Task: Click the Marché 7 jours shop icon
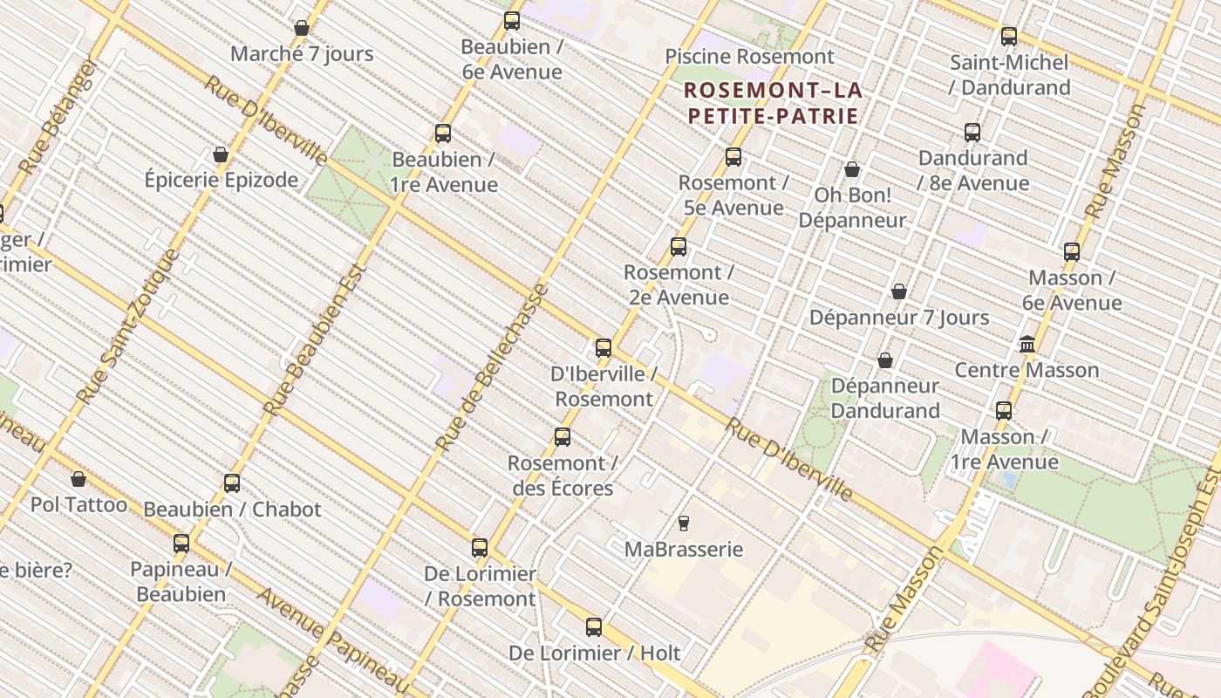click(302, 28)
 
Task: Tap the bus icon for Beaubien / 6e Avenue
click(512, 21)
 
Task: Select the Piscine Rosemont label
click(749, 57)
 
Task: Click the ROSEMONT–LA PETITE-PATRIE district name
click(773, 102)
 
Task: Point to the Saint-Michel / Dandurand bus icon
click(1009, 37)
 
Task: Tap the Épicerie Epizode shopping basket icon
click(221, 154)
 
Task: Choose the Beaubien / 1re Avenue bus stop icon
click(443, 133)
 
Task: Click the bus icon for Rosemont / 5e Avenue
click(733, 157)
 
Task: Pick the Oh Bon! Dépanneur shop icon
click(852, 169)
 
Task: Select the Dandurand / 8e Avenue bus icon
click(972, 133)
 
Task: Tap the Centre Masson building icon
click(1027, 345)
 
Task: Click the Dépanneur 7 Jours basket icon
click(899, 291)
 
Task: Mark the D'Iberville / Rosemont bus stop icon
click(604, 348)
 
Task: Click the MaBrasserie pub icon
click(684, 523)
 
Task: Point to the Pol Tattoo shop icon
click(78, 479)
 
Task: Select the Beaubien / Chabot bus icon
click(232, 483)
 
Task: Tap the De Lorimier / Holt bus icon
click(594, 627)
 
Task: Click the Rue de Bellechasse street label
click(493, 366)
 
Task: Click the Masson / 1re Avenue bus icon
click(1004, 411)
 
